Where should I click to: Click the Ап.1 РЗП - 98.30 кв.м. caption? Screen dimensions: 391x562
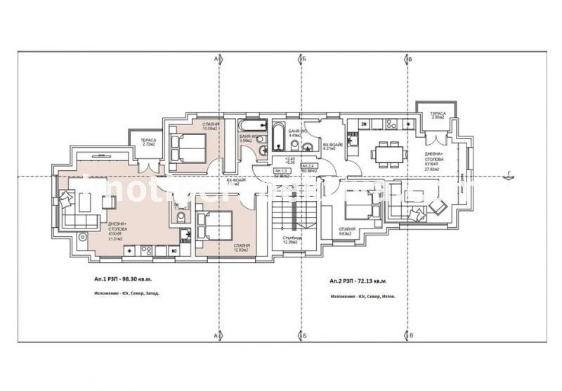(x=126, y=279)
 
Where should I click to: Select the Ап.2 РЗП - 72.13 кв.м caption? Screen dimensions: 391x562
(x=358, y=281)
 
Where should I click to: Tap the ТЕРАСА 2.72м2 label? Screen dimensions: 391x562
(x=148, y=142)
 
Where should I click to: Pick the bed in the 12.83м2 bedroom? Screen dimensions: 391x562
(x=216, y=227)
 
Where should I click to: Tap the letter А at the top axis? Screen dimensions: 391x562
(x=217, y=60)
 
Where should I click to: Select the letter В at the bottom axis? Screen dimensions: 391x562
(x=410, y=336)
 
